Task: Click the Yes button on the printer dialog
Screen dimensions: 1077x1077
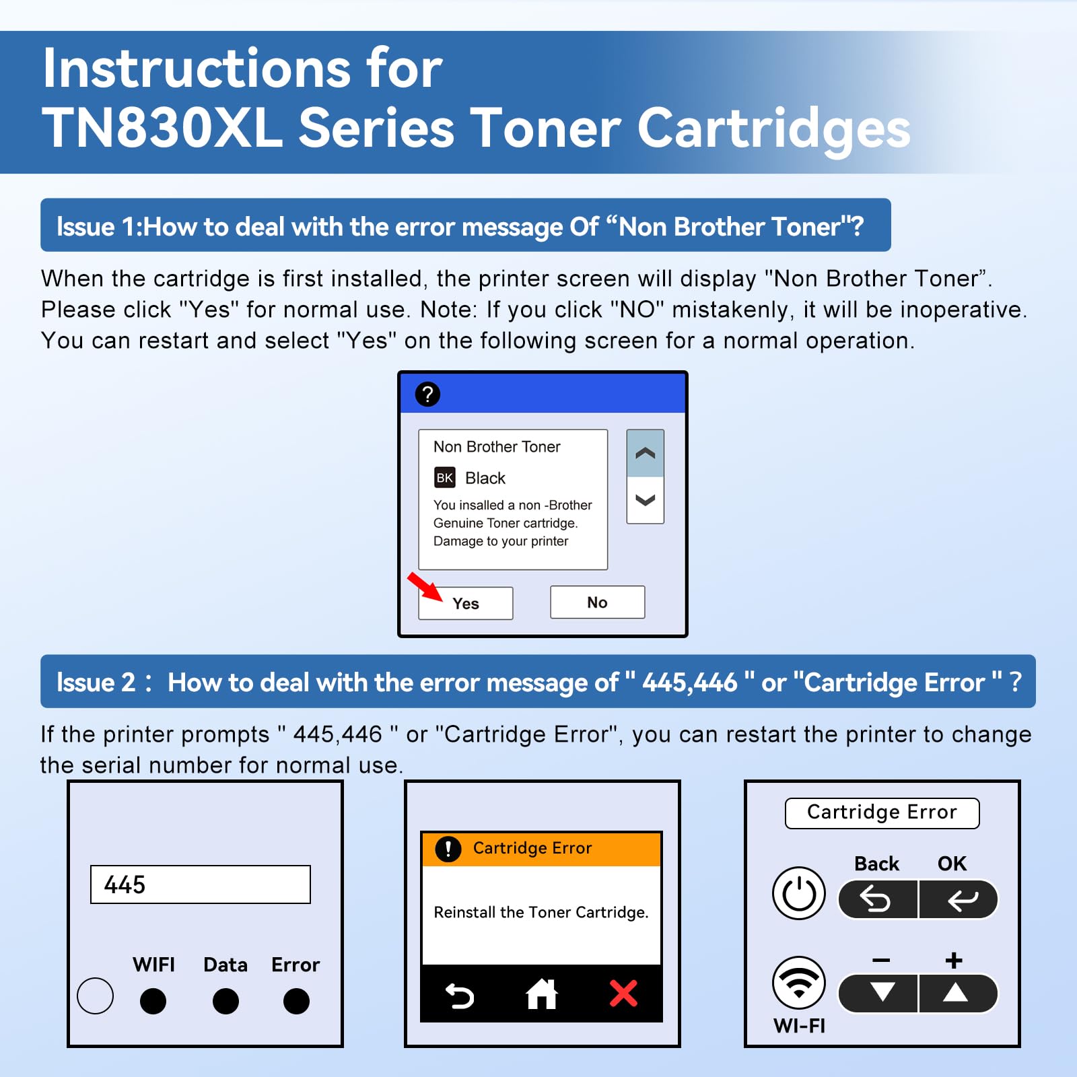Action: click(466, 603)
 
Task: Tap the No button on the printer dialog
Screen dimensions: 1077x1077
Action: click(597, 602)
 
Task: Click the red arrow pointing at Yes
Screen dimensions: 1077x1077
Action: click(425, 586)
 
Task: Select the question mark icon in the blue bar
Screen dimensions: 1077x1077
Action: click(427, 394)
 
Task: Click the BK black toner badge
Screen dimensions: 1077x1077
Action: click(444, 478)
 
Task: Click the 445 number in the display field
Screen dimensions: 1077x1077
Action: click(125, 884)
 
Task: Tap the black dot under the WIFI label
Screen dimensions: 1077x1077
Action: click(153, 1001)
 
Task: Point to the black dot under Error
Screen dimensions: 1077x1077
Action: click(296, 1001)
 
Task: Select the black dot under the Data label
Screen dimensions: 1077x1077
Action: click(225, 1001)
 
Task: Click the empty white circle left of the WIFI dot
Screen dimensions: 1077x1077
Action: click(95, 996)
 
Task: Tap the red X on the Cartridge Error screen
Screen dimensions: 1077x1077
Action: click(623, 994)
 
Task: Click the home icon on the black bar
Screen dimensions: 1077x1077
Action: click(541, 994)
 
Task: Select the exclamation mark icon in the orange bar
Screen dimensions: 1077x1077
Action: click(448, 849)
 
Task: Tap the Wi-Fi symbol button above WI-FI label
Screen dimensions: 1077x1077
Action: click(799, 982)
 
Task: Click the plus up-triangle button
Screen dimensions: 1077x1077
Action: click(956, 993)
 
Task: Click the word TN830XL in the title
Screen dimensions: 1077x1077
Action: click(162, 128)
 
